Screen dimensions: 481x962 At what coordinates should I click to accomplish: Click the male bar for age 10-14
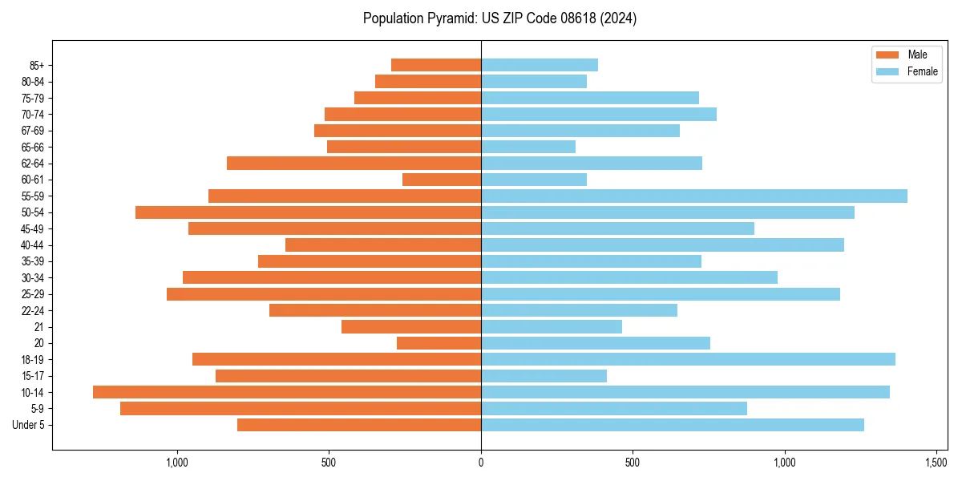point(287,392)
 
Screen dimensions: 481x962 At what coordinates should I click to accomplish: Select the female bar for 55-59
point(694,196)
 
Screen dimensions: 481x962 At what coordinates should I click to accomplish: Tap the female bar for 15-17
point(544,376)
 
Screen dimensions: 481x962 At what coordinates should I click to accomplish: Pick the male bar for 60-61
point(442,180)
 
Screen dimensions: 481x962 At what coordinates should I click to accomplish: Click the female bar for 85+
point(540,65)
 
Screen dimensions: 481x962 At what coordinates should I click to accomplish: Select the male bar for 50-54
point(308,212)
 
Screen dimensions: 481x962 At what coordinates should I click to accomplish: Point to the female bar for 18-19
point(688,359)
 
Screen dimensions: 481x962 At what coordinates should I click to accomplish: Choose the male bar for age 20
point(439,343)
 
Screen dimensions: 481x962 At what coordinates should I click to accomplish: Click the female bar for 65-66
point(528,147)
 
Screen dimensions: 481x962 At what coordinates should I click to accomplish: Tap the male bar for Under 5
point(359,425)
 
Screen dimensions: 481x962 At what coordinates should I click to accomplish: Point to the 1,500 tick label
point(936,463)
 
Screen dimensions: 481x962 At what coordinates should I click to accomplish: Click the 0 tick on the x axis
point(481,463)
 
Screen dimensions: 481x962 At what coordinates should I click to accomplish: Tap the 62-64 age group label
point(33,164)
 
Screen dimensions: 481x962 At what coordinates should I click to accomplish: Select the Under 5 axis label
point(29,425)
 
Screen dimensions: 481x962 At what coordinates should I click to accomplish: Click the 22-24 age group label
point(33,310)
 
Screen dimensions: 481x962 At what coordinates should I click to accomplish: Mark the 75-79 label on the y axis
point(33,98)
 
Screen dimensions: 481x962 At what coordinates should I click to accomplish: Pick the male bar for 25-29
point(324,294)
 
